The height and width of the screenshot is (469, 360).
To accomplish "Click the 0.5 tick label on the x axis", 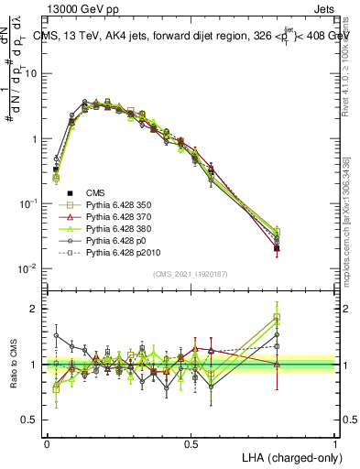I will click(191, 442).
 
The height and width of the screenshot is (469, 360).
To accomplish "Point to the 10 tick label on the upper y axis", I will click(31, 73).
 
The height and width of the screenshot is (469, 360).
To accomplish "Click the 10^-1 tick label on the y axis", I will click(27, 203).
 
